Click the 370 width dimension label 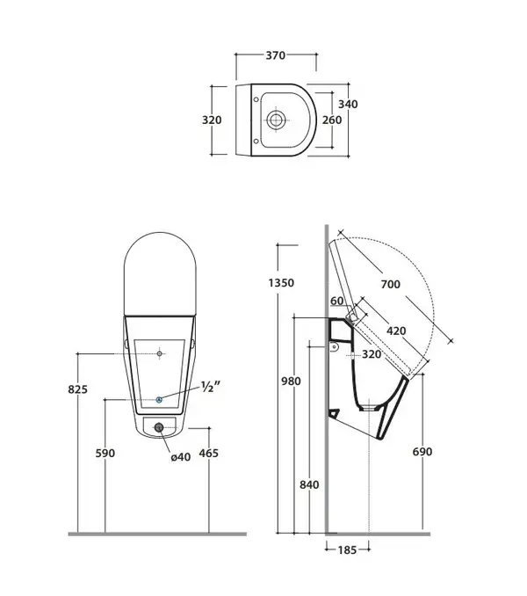point(275,55)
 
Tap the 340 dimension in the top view point(348,104)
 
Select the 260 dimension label point(332,120)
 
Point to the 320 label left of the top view point(212,120)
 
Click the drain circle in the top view point(275,120)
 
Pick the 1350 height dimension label point(281,283)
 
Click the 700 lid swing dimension point(390,284)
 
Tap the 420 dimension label point(396,331)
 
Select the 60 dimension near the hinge point(336,301)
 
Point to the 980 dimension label point(291,381)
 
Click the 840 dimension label point(309,484)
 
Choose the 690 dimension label point(422,452)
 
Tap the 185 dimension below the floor point(347,550)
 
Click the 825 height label point(78,389)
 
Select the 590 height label point(105,453)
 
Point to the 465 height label point(209,453)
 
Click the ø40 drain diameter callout point(180,456)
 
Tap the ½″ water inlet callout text point(210,387)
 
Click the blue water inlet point point(159,399)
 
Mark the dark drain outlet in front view point(159,427)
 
